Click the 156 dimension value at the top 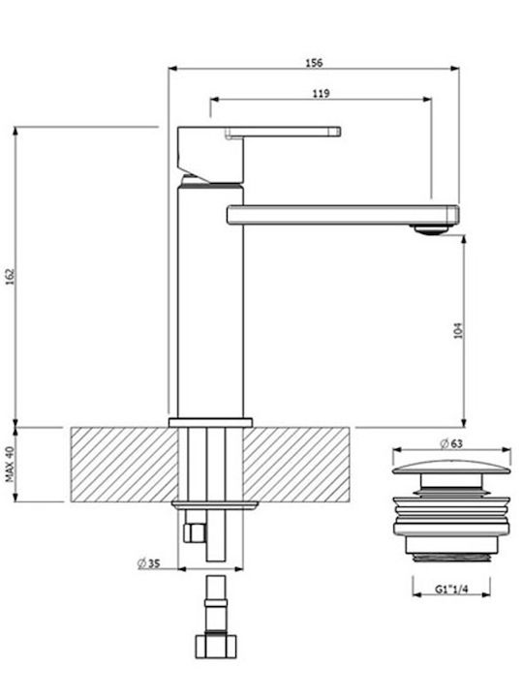click(x=314, y=62)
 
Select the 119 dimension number click(x=321, y=93)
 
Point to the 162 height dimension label click(x=10, y=277)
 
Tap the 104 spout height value click(x=458, y=330)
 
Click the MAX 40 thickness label click(x=10, y=464)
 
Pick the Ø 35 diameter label click(x=148, y=563)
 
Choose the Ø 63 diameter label click(x=451, y=443)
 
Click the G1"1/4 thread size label click(x=451, y=590)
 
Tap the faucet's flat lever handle click(x=283, y=132)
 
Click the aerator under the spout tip click(x=430, y=229)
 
